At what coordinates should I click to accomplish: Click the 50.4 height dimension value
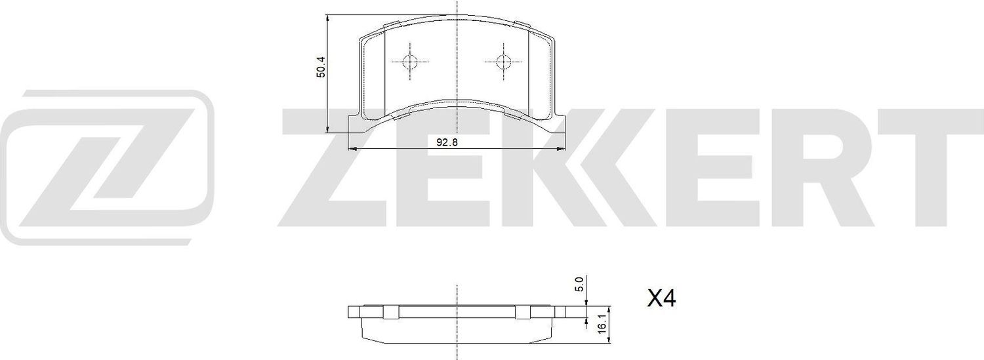(x=321, y=67)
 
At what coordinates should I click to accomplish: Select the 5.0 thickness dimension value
(x=579, y=285)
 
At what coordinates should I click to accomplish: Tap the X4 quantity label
(x=661, y=300)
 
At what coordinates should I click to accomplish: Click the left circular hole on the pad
(x=409, y=62)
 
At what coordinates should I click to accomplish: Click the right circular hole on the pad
(x=503, y=62)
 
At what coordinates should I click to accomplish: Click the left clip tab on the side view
(x=391, y=311)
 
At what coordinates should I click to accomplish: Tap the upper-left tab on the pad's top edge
(x=390, y=27)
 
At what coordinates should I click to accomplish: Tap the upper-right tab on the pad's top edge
(x=523, y=27)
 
